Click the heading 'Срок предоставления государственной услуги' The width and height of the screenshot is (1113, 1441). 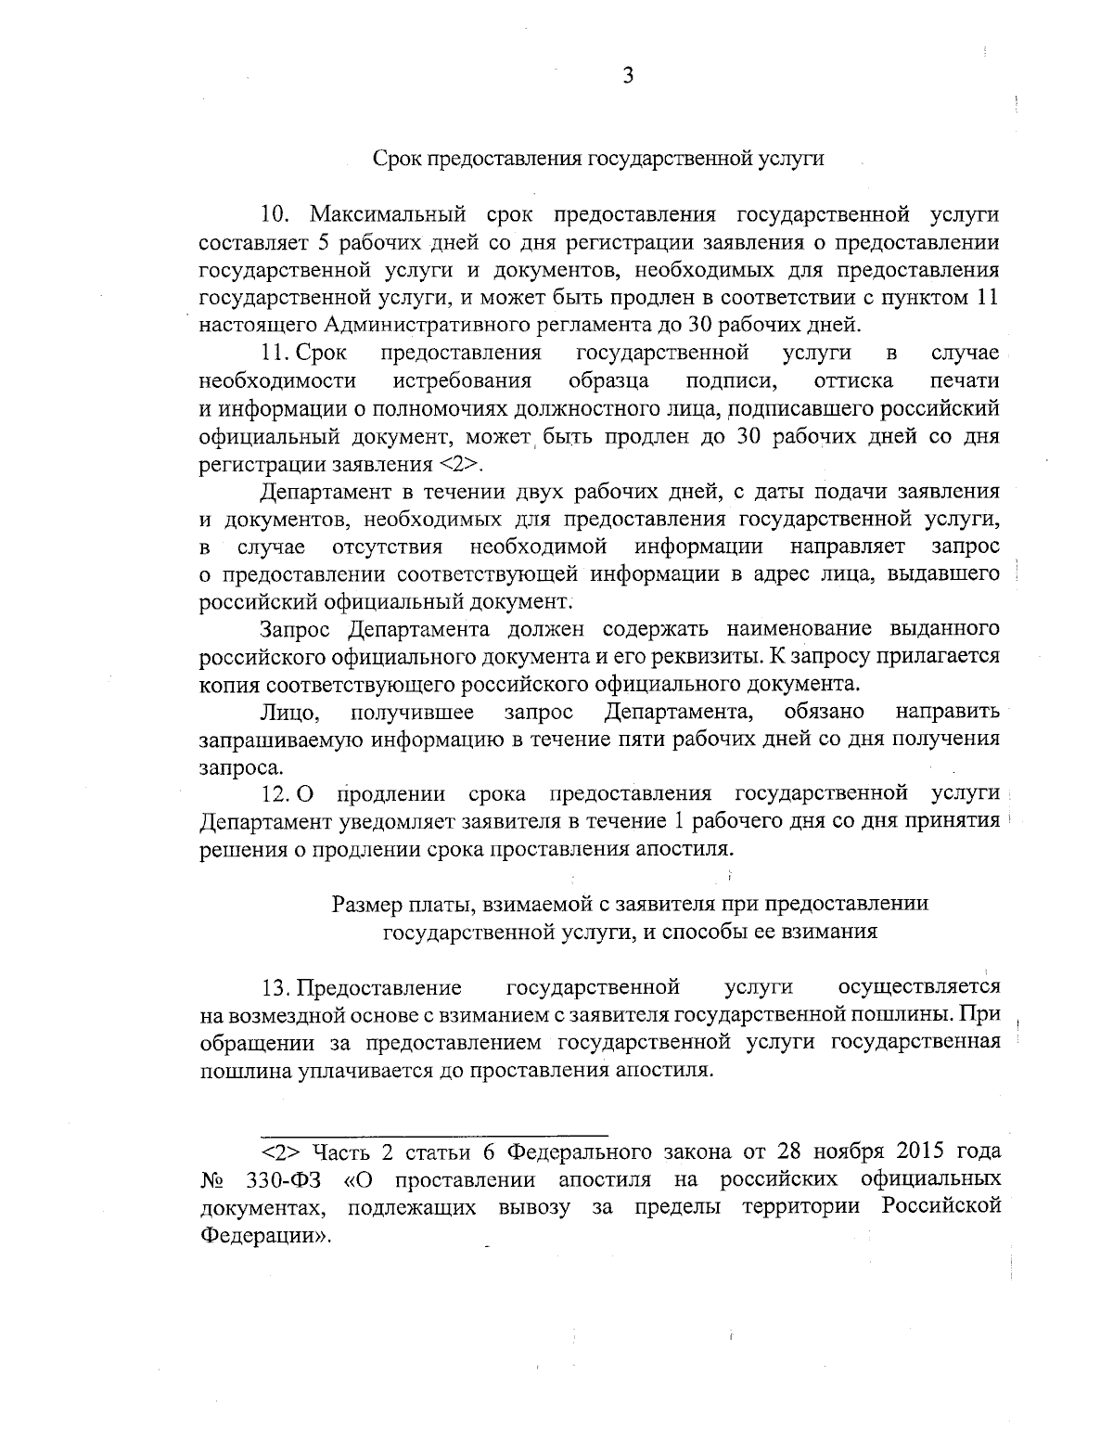(x=598, y=158)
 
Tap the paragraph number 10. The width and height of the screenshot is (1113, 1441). (x=276, y=215)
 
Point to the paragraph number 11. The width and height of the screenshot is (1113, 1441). (x=275, y=354)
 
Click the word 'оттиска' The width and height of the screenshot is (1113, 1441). (x=852, y=380)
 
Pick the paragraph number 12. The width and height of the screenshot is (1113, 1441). (x=275, y=794)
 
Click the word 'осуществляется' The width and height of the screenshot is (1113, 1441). (x=918, y=986)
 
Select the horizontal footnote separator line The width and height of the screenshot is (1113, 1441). (x=434, y=1135)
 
